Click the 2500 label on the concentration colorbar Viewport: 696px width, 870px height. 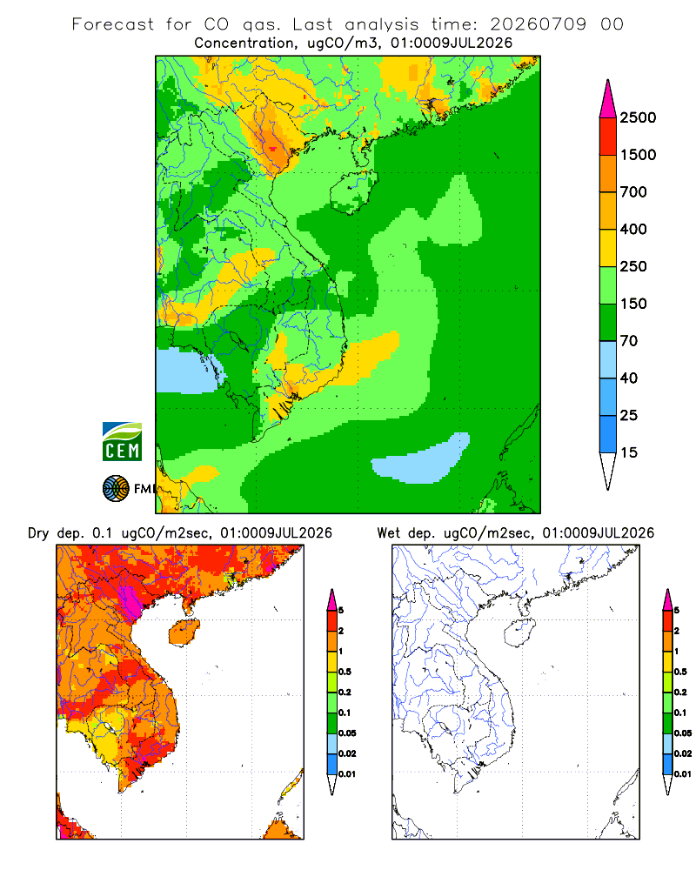(638, 117)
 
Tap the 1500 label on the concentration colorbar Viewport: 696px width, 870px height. (638, 155)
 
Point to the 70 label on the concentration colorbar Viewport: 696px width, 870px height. (629, 341)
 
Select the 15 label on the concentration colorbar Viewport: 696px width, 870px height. (629, 452)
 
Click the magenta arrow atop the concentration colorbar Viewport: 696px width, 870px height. (608, 100)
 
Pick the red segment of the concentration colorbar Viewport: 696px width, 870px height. (608, 137)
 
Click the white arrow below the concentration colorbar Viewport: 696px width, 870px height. (608, 471)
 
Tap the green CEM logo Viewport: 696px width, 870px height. (122, 442)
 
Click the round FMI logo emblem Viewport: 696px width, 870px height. (116, 489)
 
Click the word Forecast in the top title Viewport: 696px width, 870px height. (113, 24)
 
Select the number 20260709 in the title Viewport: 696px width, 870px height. (538, 24)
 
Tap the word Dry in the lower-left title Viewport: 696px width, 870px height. (38, 533)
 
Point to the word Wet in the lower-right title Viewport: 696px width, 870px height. (388, 533)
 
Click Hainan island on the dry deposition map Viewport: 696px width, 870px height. (184, 632)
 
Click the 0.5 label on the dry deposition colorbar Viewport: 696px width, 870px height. (345, 672)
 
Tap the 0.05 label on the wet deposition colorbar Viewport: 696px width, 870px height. (683, 733)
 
